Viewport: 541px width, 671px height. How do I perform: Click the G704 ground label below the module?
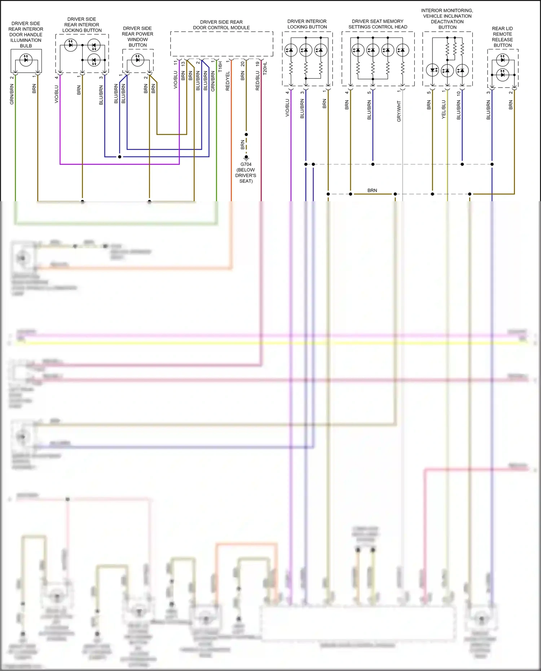pyautogui.click(x=246, y=164)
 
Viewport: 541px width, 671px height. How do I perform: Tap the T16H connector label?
pyautogui.click(x=220, y=66)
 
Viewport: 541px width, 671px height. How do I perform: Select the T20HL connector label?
pyautogui.click(x=265, y=68)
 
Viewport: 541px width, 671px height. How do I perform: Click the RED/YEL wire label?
pyautogui.click(x=228, y=81)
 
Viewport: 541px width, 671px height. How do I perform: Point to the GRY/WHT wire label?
pyautogui.click(x=399, y=111)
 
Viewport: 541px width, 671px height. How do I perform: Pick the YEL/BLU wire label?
pyautogui.click(x=444, y=110)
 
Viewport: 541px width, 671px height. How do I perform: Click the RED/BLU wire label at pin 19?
pyautogui.click(x=258, y=80)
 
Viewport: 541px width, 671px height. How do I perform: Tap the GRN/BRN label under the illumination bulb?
pyautogui.click(x=12, y=94)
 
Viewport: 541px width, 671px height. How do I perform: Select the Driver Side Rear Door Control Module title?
pyautogui.click(x=221, y=25)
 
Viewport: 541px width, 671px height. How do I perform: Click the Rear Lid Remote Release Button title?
pyautogui.click(x=502, y=37)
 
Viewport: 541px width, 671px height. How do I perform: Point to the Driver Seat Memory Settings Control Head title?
pyautogui.click(x=378, y=24)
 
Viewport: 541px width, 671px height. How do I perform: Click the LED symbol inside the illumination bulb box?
pyautogui.click(x=26, y=59)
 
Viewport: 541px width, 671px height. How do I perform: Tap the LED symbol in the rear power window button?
pyautogui.click(x=137, y=59)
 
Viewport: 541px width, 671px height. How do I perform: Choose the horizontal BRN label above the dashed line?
pyautogui.click(x=372, y=190)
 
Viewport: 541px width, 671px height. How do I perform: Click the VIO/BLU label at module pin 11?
pyautogui.click(x=176, y=80)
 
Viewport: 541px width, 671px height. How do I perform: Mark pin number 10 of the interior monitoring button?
pyautogui.click(x=459, y=93)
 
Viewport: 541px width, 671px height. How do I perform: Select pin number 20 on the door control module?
pyautogui.click(x=243, y=64)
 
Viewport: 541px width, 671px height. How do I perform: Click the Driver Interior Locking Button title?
pyautogui.click(x=307, y=24)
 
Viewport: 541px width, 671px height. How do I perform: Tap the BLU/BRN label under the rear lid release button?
pyautogui.click(x=488, y=110)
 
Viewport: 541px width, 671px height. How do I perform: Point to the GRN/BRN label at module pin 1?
pyautogui.click(x=213, y=81)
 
